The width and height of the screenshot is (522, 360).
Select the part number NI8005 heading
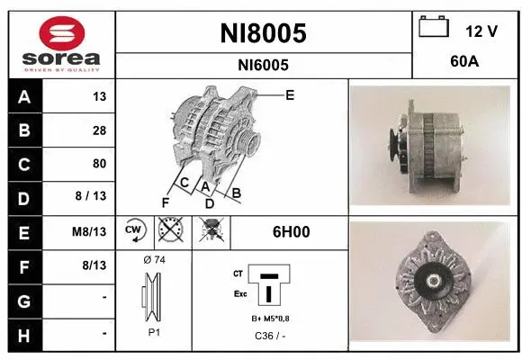(x=263, y=32)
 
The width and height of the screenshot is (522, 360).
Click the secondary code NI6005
(x=263, y=65)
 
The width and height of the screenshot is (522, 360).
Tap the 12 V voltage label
(x=481, y=31)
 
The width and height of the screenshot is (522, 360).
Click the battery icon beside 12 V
(x=434, y=28)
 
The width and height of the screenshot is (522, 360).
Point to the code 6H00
(x=291, y=231)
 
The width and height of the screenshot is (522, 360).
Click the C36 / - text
(x=265, y=336)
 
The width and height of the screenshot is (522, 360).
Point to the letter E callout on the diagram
(x=289, y=94)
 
